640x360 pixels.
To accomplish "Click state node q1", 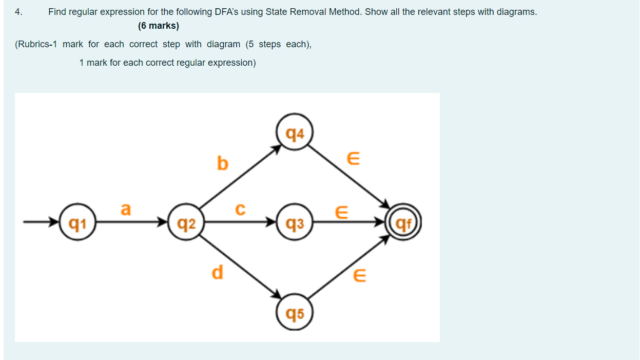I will pyautogui.click(x=77, y=223).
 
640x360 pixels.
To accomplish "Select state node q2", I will pyautogui.click(x=185, y=223).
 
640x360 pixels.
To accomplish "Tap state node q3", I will pyautogui.click(x=294, y=223).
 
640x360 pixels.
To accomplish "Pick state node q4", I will pyautogui.click(x=294, y=134).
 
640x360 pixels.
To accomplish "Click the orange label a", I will pyautogui.click(x=126, y=209).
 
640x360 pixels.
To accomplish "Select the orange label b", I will pyautogui.click(x=222, y=163).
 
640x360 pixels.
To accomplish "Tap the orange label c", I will pyautogui.click(x=240, y=209).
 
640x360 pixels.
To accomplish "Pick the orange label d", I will pyautogui.click(x=218, y=272).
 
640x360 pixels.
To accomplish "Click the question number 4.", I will pyautogui.click(x=18, y=12).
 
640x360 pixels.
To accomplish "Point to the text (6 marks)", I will pyautogui.click(x=159, y=26).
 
